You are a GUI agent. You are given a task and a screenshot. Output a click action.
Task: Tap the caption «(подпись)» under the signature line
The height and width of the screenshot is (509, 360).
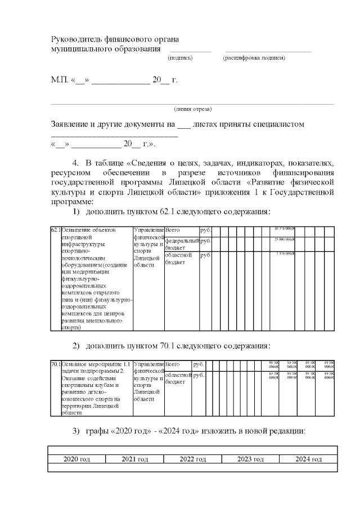coord(180,58)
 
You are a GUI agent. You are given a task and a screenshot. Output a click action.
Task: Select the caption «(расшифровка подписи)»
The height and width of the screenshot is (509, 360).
coord(254,58)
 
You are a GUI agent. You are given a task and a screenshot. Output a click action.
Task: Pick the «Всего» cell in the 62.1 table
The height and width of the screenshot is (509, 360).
coord(172,230)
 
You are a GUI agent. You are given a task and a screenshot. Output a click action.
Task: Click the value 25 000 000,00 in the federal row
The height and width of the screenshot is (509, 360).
coord(285,240)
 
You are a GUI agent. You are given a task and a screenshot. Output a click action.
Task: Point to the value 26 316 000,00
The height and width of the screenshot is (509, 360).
coord(285,228)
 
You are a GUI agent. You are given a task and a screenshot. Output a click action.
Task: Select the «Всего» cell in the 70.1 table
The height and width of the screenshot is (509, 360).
coord(172,364)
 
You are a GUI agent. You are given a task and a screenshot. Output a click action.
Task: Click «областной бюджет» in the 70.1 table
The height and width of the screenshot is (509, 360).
coord(177,378)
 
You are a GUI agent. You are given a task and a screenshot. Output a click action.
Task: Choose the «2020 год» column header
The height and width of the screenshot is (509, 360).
coord(77,460)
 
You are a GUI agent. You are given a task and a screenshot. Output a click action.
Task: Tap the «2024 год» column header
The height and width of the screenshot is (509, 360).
coord(308,460)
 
